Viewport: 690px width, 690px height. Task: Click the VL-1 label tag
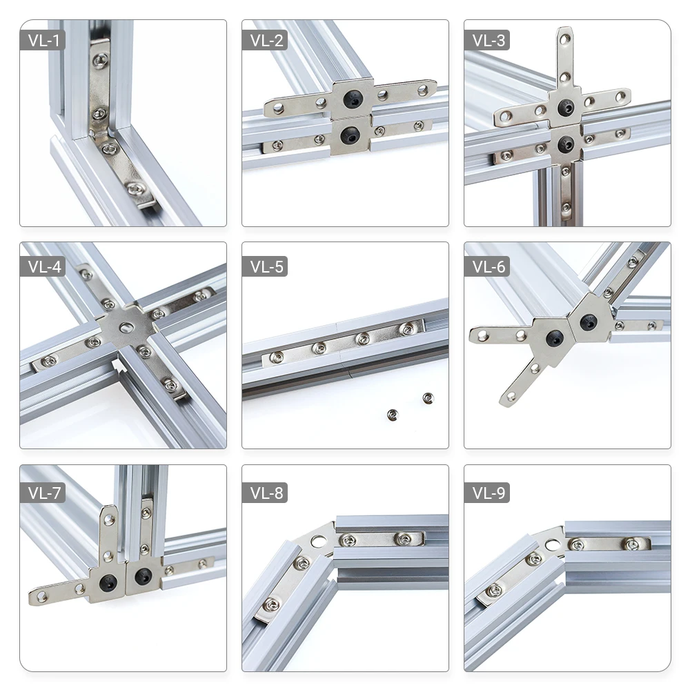pos(42,40)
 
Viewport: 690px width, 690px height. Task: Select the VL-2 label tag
pos(264,40)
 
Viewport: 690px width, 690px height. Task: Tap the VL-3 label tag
pos(486,40)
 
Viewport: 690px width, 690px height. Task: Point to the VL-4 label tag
pos(42,266)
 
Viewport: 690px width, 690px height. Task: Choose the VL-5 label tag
pos(264,266)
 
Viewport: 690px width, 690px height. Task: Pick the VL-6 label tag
pos(486,266)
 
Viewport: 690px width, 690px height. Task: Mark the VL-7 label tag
pos(42,493)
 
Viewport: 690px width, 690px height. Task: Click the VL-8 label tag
pos(264,493)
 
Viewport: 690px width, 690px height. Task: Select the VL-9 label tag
pos(486,493)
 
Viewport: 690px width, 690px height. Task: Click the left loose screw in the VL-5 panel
pos(393,414)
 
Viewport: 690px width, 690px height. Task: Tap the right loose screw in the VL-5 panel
pos(428,397)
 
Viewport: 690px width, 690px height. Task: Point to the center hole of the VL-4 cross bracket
pos(125,325)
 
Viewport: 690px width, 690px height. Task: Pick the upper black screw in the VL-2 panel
pos(354,101)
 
